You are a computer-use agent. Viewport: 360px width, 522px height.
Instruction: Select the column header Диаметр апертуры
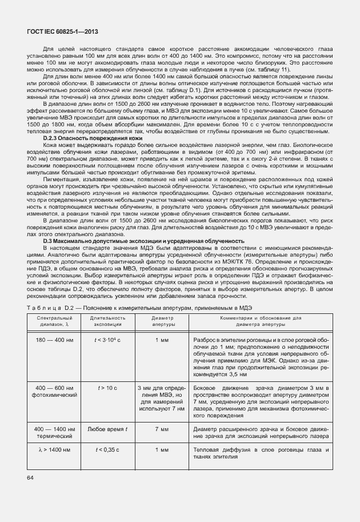(161, 320)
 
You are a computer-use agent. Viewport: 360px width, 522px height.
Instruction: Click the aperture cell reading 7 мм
(161, 429)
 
